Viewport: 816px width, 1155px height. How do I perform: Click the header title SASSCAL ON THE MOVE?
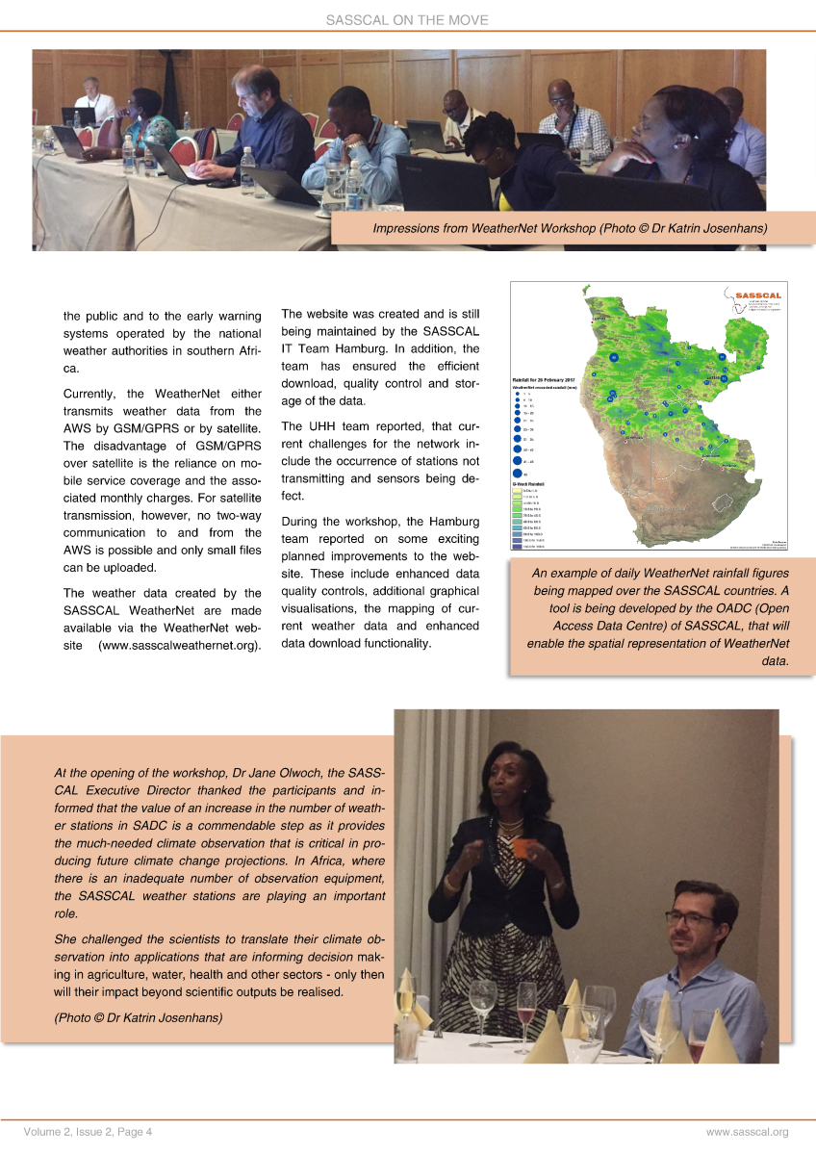(x=408, y=19)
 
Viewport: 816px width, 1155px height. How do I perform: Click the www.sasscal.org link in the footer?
(x=747, y=1132)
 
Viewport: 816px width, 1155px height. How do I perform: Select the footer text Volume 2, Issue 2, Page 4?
(x=89, y=1132)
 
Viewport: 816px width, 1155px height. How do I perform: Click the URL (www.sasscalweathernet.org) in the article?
(x=180, y=644)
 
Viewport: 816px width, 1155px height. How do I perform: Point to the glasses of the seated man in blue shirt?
(x=688, y=918)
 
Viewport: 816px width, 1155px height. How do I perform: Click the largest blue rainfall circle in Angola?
(x=614, y=358)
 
